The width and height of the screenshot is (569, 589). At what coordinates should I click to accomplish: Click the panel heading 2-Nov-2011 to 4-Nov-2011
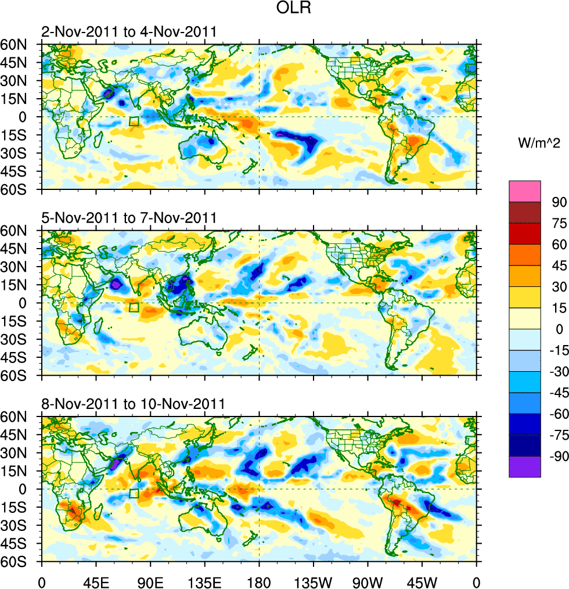point(129,32)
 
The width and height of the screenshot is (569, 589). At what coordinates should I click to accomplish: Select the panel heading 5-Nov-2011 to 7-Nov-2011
point(129,218)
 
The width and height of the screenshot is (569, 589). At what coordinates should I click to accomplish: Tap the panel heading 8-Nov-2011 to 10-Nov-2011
point(133,404)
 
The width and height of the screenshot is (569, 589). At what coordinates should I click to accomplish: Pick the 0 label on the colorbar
point(560,330)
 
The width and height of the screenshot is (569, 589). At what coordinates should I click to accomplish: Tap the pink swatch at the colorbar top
point(524,191)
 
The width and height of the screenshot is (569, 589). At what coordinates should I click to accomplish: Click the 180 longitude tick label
point(259,581)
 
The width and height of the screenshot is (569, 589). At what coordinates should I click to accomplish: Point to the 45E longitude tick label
point(96,581)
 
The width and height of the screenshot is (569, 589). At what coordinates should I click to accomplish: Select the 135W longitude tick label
point(314,581)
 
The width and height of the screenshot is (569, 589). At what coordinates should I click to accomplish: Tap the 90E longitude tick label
point(150,581)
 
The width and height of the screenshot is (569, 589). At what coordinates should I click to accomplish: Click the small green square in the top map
point(134,121)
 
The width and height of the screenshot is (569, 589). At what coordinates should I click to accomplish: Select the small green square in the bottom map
point(134,493)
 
